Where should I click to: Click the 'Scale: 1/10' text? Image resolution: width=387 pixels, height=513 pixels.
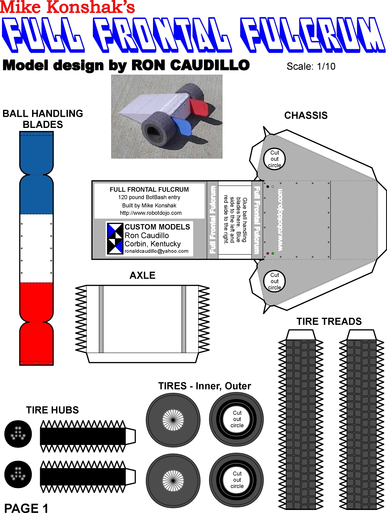tap(311, 66)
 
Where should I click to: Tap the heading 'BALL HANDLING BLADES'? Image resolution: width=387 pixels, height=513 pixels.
tap(43, 119)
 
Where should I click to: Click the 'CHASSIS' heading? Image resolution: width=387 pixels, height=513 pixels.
tap(306, 115)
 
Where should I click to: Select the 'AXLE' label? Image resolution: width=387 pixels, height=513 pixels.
tap(142, 275)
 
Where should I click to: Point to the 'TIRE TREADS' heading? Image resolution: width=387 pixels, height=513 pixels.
tap(329, 321)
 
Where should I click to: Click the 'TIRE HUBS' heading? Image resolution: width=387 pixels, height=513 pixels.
tap(52, 410)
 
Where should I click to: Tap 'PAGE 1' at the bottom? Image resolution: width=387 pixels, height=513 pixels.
tap(26, 508)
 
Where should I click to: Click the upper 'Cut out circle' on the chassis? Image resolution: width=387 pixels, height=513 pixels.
tap(275, 159)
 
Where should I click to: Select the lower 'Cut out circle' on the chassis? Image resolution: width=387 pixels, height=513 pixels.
tap(275, 281)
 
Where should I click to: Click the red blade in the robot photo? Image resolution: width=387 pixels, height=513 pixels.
tap(198, 107)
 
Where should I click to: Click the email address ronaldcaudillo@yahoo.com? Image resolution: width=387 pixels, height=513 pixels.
tap(156, 251)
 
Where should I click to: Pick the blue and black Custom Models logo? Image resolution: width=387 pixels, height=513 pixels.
tap(115, 239)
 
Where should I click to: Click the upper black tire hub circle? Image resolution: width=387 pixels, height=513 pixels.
tap(18, 434)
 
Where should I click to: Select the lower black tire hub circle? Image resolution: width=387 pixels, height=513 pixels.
tap(18, 474)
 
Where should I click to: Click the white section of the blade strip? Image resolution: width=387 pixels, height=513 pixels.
tap(36, 248)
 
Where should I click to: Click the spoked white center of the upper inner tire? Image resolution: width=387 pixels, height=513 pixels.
tap(173, 420)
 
